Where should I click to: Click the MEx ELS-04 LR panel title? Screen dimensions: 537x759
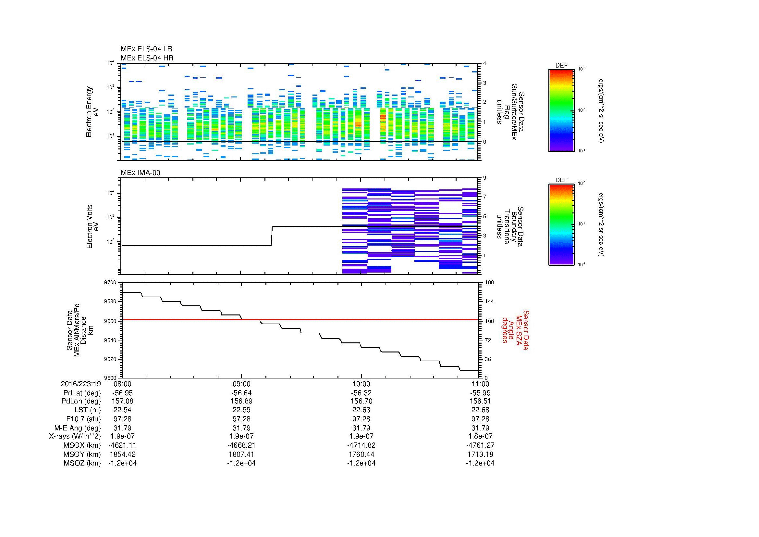146,49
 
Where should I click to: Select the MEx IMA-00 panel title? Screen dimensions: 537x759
141,173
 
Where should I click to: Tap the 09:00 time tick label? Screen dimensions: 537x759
242,384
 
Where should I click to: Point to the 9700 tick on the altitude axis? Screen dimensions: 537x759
110,283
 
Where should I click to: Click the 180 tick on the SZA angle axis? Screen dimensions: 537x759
489,283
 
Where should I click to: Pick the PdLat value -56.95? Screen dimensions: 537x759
122,393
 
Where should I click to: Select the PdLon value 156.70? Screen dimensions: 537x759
361,401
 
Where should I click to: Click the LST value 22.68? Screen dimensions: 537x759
480,410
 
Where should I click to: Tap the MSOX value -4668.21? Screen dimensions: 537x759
242,445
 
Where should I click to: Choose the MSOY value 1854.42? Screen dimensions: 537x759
122,454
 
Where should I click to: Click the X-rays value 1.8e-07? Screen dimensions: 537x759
480,436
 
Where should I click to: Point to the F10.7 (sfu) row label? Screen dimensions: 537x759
83,419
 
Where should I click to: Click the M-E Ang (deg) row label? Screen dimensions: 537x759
78,428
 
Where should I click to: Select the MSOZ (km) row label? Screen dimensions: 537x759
82,463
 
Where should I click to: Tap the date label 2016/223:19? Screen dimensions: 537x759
81,384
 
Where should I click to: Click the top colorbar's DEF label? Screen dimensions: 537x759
561,66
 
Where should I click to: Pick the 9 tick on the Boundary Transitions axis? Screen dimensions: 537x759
484,178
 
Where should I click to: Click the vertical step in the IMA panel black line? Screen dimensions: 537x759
272,236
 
